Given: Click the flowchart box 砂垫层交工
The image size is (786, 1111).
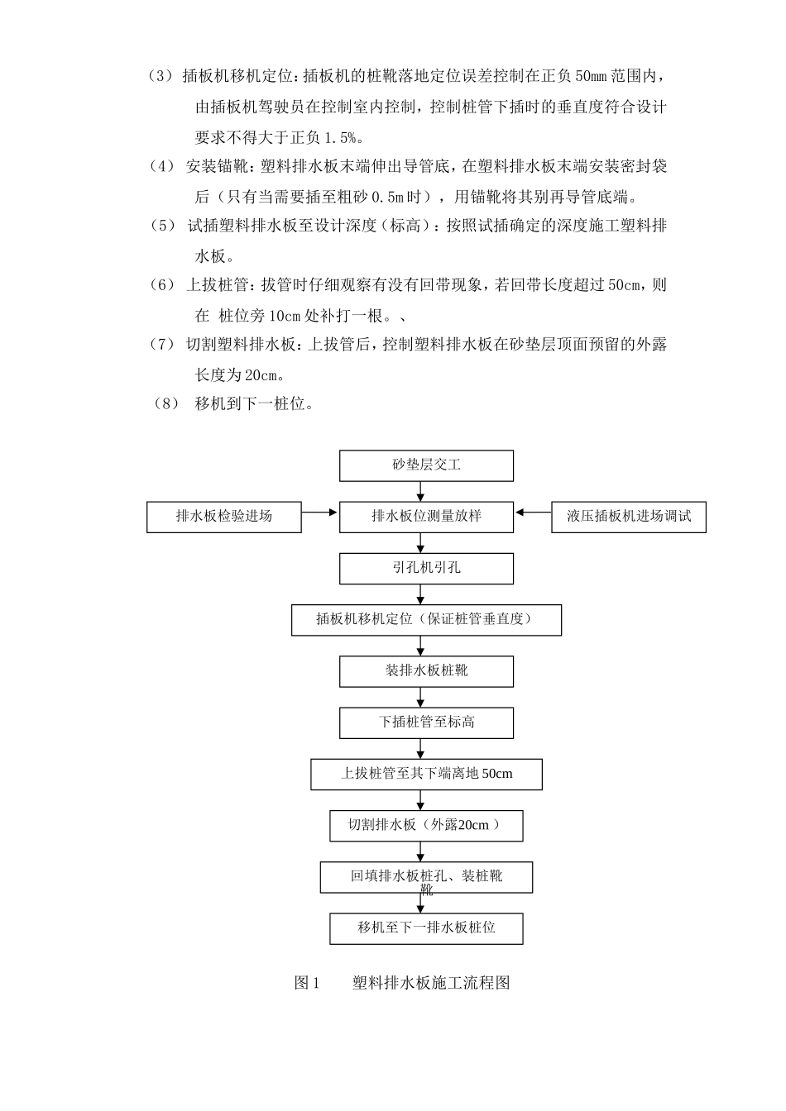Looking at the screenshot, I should click(x=426, y=465).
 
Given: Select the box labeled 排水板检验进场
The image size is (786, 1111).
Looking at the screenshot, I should click(x=224, y=517).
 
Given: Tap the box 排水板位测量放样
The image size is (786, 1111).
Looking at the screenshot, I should click(x=426, y=517).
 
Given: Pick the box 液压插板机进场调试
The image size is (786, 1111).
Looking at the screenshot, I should click(x=629, y=517).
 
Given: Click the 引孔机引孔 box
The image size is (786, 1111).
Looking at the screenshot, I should click(x=426, y=569).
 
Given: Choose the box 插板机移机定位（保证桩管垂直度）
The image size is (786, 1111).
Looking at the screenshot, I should click(x=426, y=620).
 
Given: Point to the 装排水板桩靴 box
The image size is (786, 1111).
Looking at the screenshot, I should click(x=426, y=671).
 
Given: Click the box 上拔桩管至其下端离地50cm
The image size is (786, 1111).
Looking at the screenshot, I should click(x=426, y=775).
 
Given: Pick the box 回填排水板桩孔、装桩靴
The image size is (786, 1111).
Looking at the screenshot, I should click(x=426, y=877).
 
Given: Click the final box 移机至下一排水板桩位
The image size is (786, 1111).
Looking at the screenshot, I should click(x=426, y=928).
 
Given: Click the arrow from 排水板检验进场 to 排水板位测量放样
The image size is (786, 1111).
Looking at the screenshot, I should click(x=320, y=513).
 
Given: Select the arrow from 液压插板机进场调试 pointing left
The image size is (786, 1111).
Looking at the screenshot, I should click(x=533, y=513).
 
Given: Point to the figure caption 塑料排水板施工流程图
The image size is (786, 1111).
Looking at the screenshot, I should click(x=431, y=983).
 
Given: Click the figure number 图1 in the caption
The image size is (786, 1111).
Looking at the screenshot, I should click(x=306, y=983).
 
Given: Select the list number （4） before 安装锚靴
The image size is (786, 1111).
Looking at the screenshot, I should click(x=162, y=167).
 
